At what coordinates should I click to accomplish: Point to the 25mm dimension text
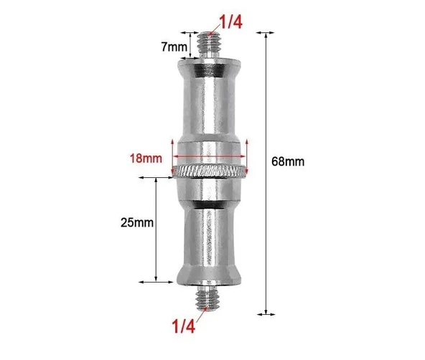[x=137, y=222]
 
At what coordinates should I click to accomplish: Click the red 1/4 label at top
[x=230, y=23]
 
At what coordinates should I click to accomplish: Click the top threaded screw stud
[x=210, y=47]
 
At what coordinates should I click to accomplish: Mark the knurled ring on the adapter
[x=210, y=171]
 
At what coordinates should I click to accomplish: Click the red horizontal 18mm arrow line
[x=210, y=158]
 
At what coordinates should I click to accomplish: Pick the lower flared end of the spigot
[x=210, y=273]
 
